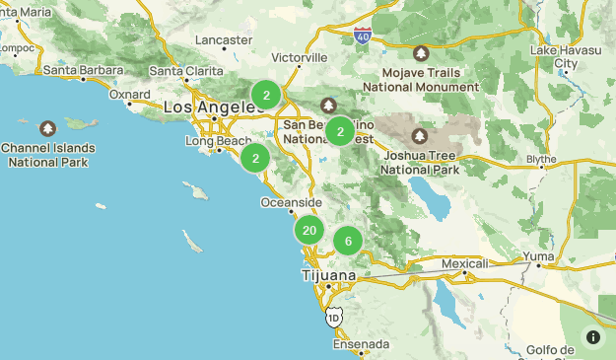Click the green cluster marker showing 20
click(309, 231)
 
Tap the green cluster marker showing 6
click(348, 242)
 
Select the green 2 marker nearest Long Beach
click(255, 158)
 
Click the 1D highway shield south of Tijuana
click(334, 318)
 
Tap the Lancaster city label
click(225, 40)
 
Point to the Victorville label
click(299, 57)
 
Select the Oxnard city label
click(130, 95)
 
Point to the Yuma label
click(539, 256)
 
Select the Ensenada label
click(361, 345)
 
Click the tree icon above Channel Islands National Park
click(48, 128)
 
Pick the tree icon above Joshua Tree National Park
click(421, 135)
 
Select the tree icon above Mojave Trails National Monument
click(421, 52)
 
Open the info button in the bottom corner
click(593, 337)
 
